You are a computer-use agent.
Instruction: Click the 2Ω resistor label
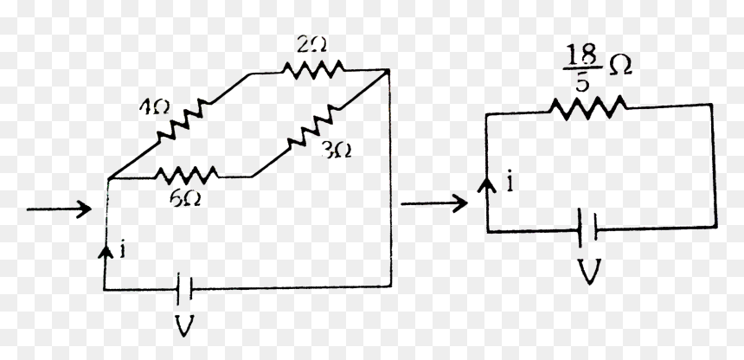point(311,46)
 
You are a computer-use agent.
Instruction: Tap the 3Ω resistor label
point(337,151)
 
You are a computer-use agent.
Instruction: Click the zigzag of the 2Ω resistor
point(313,69)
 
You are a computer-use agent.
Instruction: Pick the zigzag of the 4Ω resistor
point(183,119)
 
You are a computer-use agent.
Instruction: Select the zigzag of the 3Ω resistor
point(313,125)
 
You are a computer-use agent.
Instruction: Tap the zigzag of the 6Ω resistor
point(187,176)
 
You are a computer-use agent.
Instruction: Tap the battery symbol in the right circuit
point(588,228)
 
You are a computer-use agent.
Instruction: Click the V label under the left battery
point(184,325)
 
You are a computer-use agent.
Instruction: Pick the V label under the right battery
point(588,271)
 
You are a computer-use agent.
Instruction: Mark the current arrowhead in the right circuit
point(486,184)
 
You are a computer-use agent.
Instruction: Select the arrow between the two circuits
point(434,203)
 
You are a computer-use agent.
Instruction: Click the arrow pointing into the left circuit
point(59,209)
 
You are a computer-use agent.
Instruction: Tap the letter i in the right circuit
point(510,183)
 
